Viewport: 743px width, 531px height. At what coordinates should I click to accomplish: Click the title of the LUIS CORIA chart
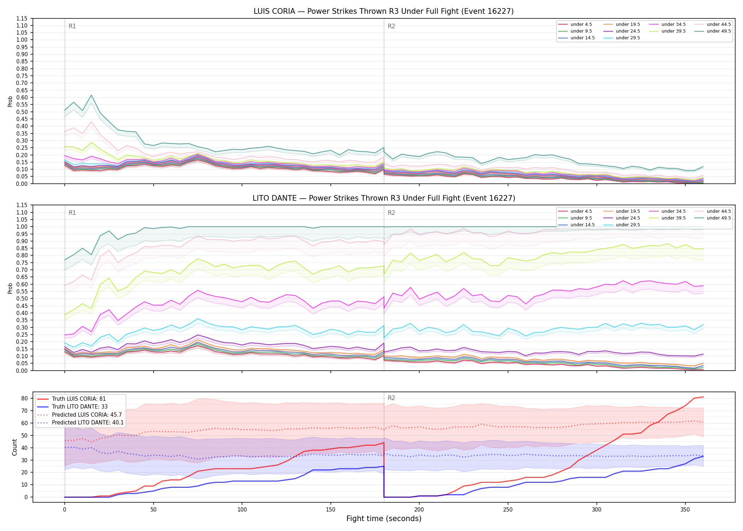coord(384,11)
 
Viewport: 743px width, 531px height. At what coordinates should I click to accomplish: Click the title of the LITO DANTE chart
coord(384,198)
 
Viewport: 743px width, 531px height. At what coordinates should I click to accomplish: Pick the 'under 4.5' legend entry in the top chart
coord(575,24)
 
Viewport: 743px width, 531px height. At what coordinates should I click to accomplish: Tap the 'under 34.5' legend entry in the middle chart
coord(667,211)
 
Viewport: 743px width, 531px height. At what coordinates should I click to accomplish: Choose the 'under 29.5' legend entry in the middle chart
coord(622,225)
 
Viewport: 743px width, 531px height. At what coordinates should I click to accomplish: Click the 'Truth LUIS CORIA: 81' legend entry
coord(71,399)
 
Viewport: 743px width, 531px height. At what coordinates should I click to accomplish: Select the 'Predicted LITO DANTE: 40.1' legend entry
coord(80,423)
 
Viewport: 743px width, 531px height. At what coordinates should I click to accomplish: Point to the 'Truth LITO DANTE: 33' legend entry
coord(72,407)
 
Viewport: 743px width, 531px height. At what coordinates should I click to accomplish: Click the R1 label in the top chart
coord(72,26)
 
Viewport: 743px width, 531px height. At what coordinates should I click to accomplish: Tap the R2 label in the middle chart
coord(391,213)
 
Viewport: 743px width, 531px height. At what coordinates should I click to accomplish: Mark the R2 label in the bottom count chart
coord(391,398)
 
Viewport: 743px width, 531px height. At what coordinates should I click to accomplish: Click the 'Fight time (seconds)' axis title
coord(384,519)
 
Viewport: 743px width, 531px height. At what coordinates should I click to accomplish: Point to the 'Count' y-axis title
coord(15,447)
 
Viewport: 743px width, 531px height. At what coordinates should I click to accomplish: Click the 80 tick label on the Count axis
coord(25,398)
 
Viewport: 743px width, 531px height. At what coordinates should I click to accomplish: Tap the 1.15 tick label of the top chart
coord(22,18)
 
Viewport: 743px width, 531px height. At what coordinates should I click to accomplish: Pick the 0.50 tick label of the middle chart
coord(22,298)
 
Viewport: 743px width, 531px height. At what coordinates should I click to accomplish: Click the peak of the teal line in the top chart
coord(91,95)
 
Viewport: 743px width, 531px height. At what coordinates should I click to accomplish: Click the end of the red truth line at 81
coord(703,397)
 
